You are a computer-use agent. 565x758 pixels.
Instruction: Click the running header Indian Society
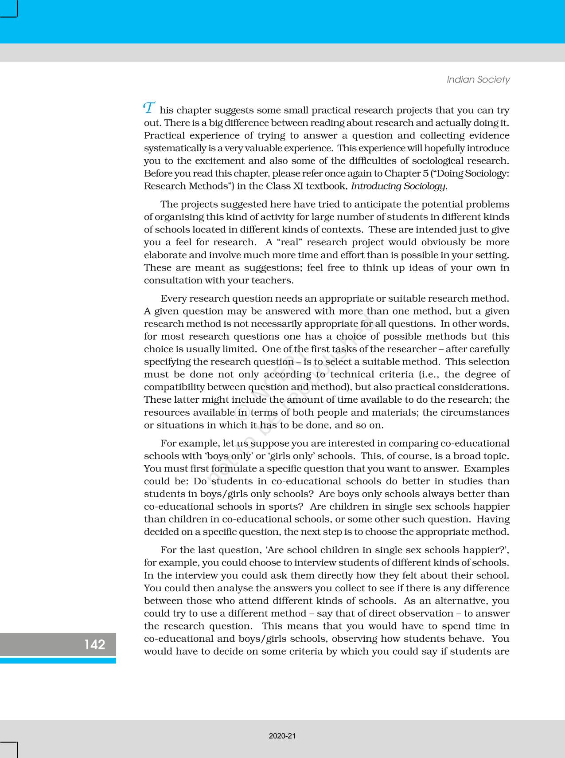[x=478, y=80]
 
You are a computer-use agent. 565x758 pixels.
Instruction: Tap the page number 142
[x=95, y=644]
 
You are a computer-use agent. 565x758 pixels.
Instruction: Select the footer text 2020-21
[x=282, y=736]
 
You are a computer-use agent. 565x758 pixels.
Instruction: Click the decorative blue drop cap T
[x=149, y=108]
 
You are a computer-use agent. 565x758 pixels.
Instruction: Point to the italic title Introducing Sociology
[x=399, y=186]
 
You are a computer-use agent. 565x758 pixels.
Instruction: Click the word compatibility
[x=174, y=387]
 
